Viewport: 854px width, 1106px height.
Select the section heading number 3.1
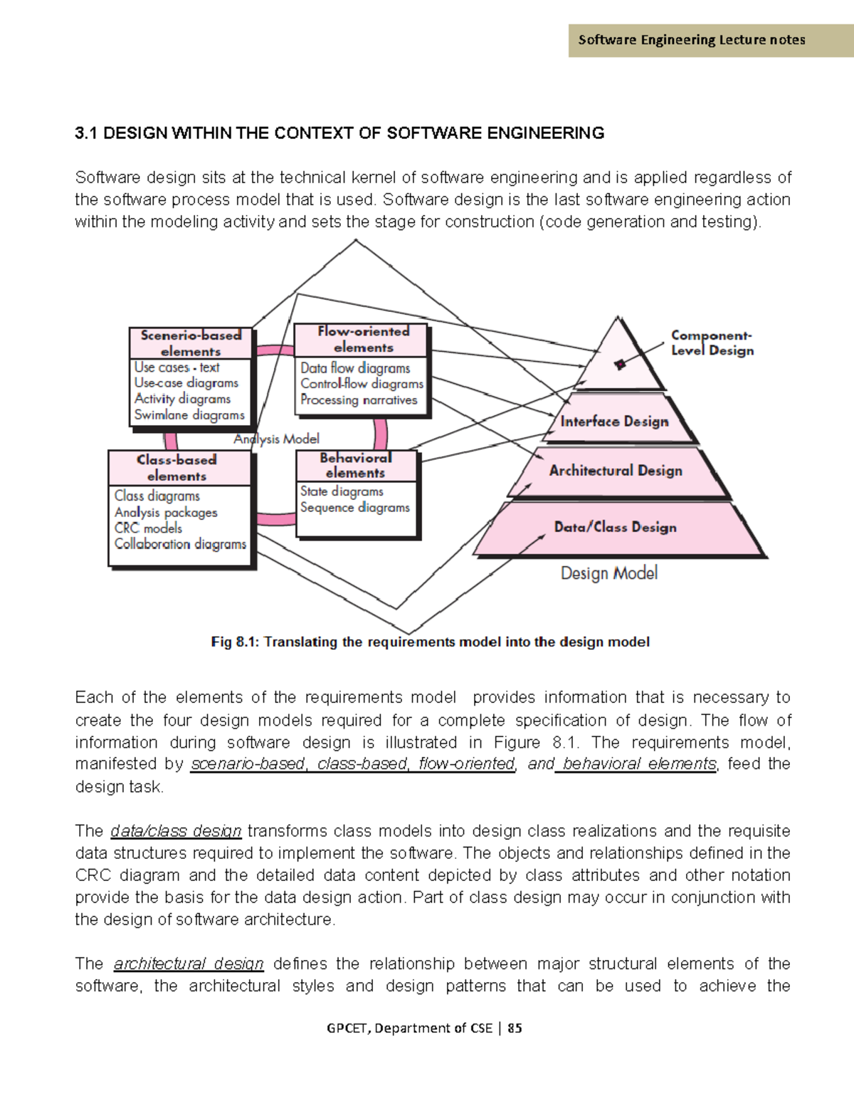click(x=85, y=133)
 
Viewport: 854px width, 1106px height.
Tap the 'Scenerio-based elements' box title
click(x=191, y=343)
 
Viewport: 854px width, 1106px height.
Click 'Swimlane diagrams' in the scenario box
click(x=189, y=415)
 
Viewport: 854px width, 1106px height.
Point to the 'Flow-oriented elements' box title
click(x=363, y=340)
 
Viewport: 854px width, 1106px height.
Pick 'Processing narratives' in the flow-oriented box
click(x=359, y=400)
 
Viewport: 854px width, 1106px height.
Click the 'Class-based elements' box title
click(x=176, y=468)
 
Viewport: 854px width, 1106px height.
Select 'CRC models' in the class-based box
click(x=148, y=528)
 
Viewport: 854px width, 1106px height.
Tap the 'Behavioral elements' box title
click(x=355, y=465)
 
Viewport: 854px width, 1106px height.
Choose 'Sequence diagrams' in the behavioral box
click(x=354, y=508)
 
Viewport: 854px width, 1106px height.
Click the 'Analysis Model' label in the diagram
click(x=277, y=439)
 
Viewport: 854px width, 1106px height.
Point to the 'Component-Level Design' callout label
click(x=712, y=343)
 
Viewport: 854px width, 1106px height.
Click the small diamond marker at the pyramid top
click(x=620, y=364)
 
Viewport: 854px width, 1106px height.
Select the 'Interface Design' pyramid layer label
click(x=614, y=422)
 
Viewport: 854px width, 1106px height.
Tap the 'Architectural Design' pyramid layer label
click(x=616, y=471)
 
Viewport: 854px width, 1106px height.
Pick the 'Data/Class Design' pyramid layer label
click(x=616, y=528)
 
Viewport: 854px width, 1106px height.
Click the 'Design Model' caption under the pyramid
click(x=608, y=573)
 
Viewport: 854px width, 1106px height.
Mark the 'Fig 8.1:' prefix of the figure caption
click(x=235, y=642)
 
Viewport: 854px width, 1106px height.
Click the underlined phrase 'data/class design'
click(x=176, y=831)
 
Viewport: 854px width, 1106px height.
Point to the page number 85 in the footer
click(x=515, y=1028)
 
